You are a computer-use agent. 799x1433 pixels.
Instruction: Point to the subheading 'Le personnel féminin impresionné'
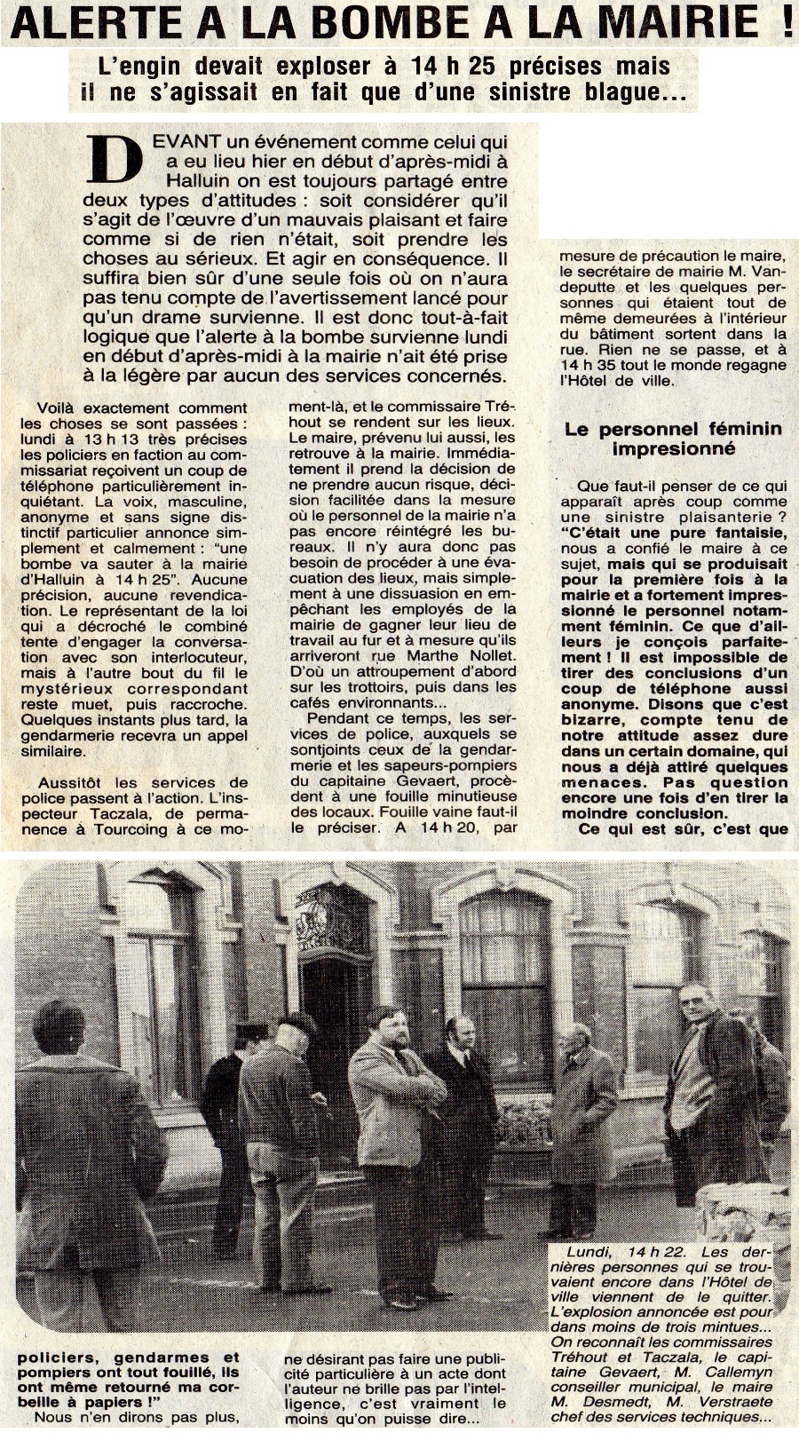click(674, 438)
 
